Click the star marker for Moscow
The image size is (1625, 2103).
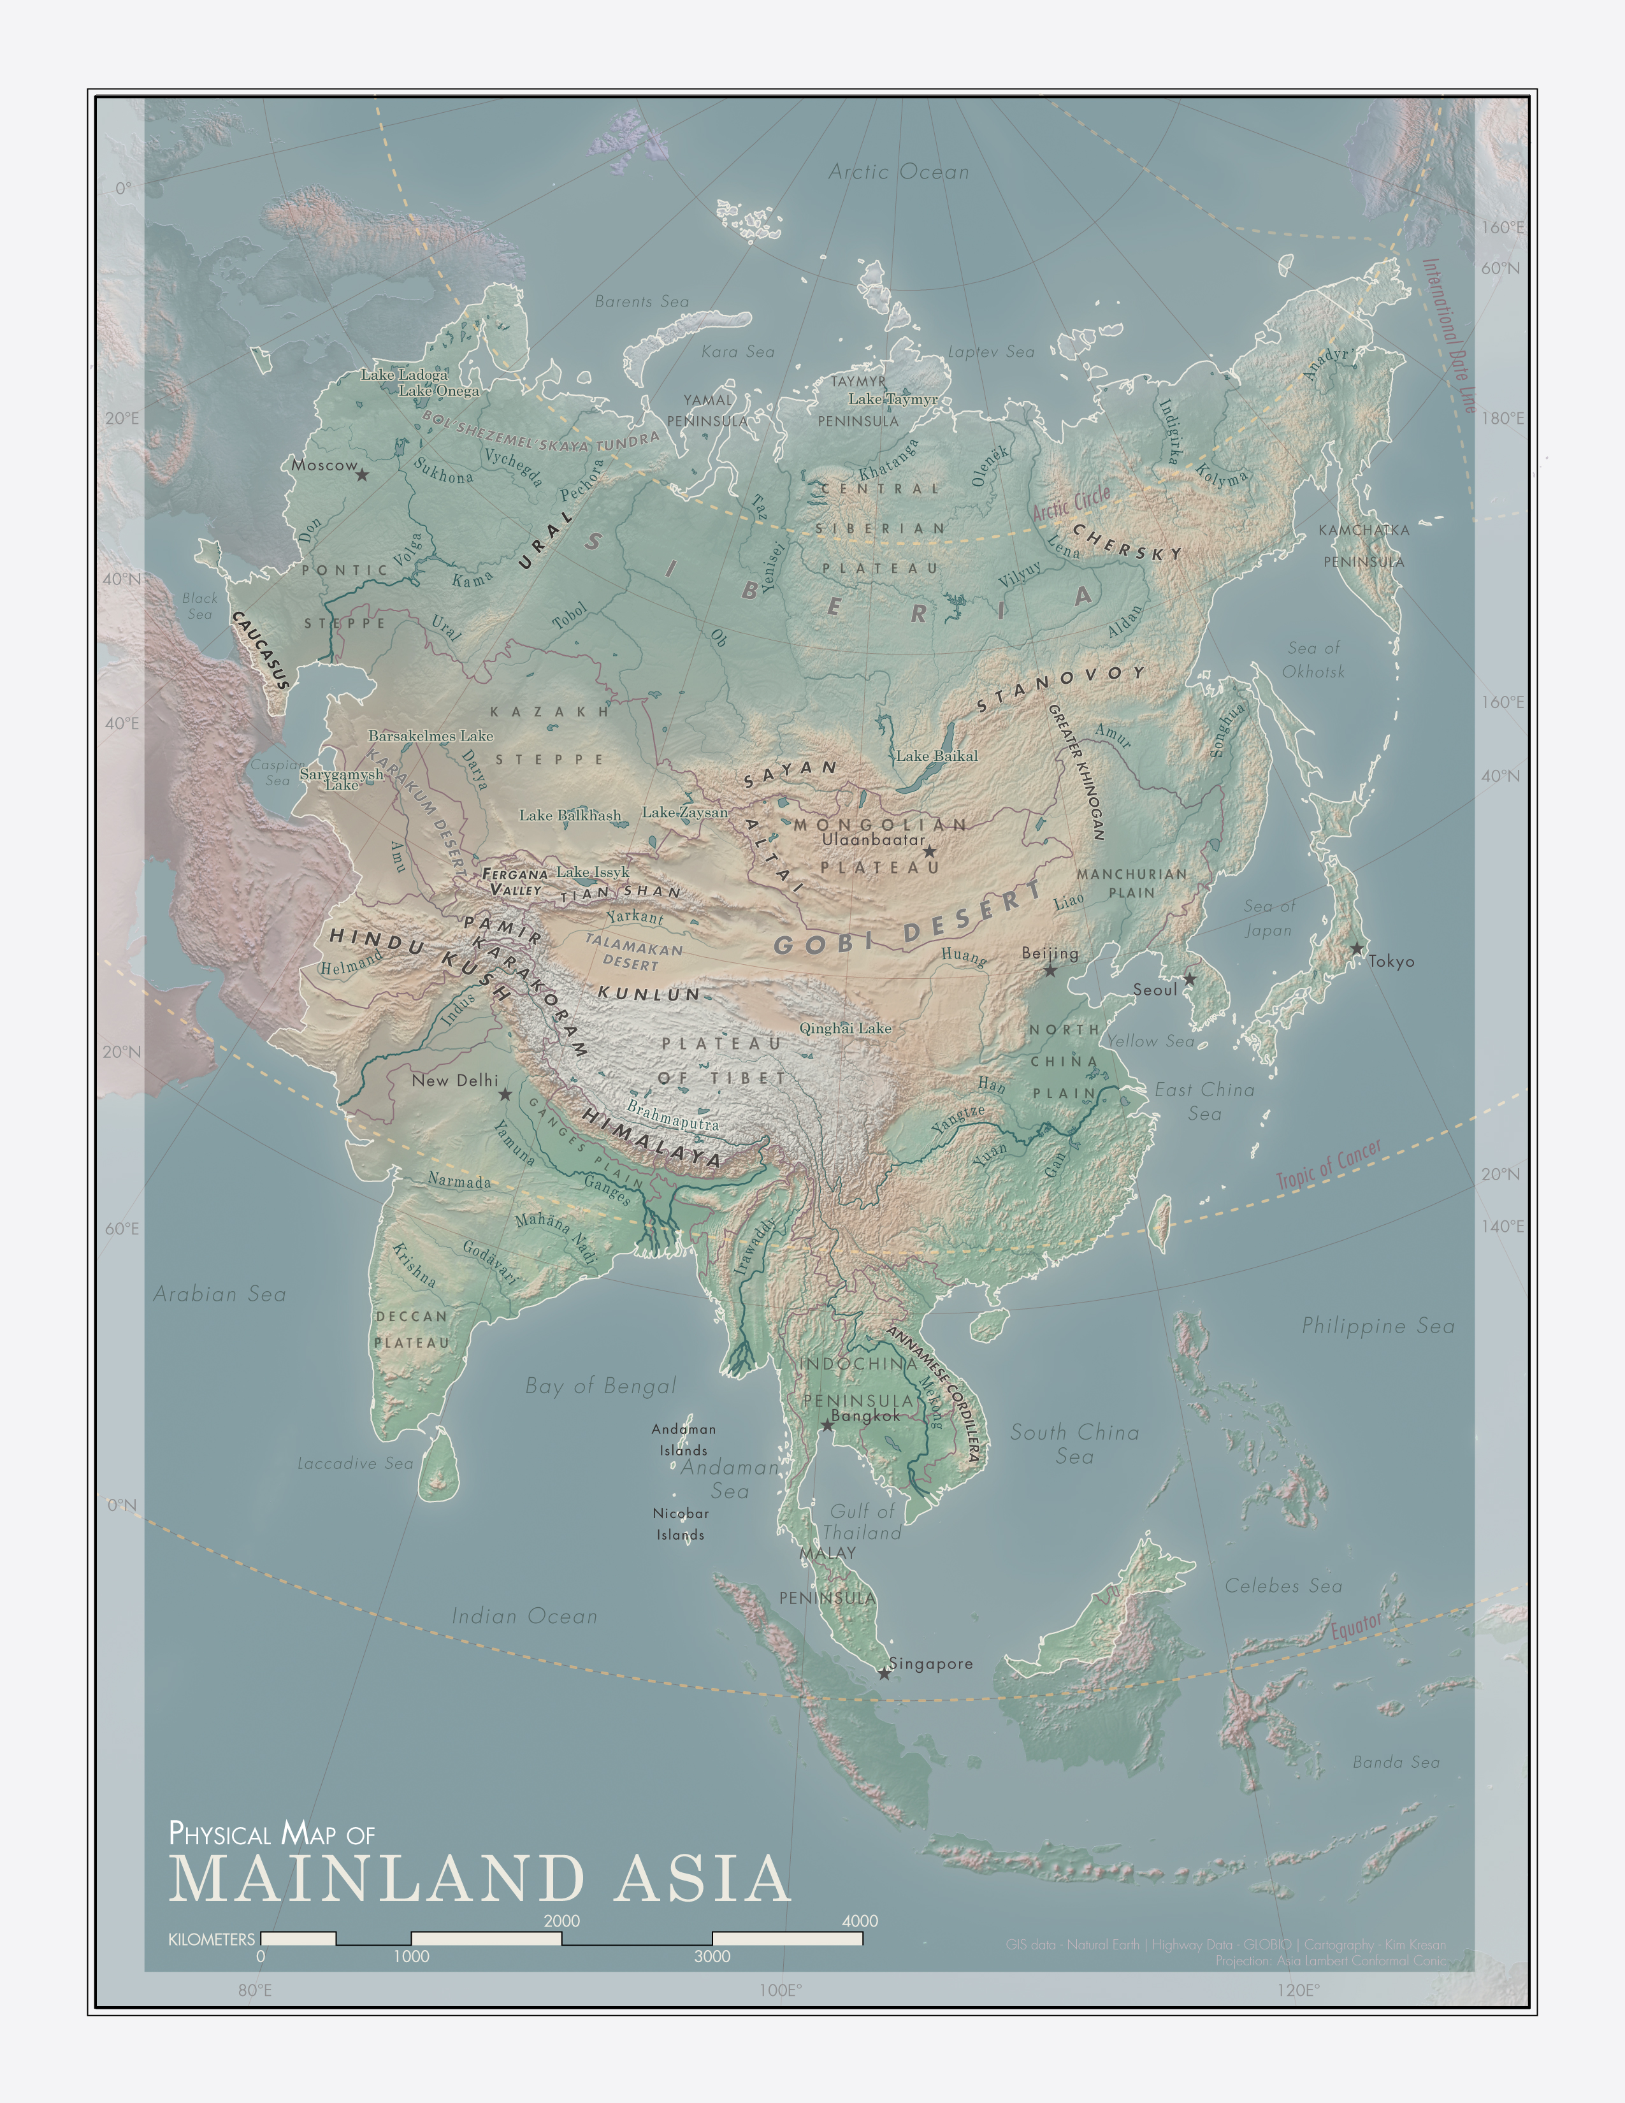pyautogui.click(x=362, y=475)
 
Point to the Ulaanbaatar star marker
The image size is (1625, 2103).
pyautogui.click(x=929, y=851)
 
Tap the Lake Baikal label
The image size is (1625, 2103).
pyautogui.click(x=937, y=756)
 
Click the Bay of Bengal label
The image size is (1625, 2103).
pyautogui.click(x=601, y=1385)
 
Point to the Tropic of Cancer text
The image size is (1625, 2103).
pyautogui.click(x=1329, y=1163)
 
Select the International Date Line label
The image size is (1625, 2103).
pyautogui.click(x=1449, y=335)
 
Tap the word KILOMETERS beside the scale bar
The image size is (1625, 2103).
pyautogui.click(x=212, y=1939)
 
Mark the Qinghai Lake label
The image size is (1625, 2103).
pyautogui.click(x=845, y=1029)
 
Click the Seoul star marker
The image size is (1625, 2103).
pyautogui.click(x=1189, y=979)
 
